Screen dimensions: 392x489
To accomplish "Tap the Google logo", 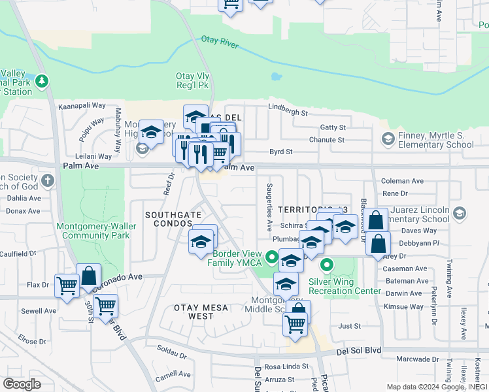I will coord(22,384).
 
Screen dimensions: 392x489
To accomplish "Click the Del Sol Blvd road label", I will coord(358,351).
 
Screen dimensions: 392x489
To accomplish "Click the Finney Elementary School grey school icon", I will coord(387,139).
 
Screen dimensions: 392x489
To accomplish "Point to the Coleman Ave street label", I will coord(402,181).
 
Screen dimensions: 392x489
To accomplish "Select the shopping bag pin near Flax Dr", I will coord(88,276).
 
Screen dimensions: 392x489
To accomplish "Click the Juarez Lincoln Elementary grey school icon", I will coord(460,214).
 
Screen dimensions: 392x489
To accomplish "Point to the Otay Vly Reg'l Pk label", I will coord(192,80).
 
